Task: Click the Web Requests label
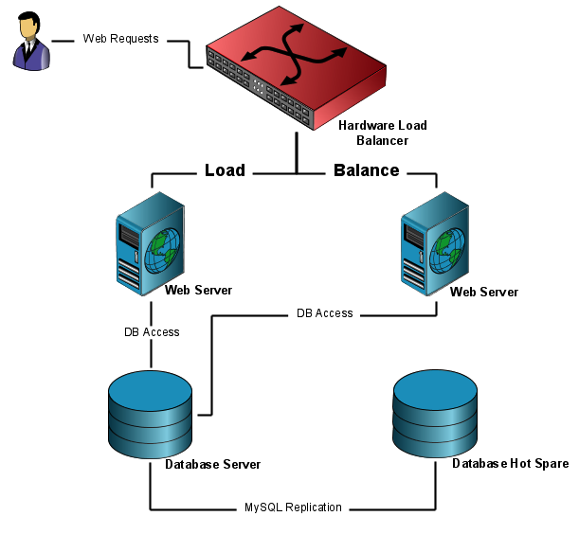[x=120, y=40]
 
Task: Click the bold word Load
[x=225, y=170]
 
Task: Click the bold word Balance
[x=366, y=170]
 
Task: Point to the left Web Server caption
[x=198, y=290]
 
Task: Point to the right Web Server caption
[x=484, y=292]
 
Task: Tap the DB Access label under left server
[x=152, y=332]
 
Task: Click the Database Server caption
[x=212, y=465]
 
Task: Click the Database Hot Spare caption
[x=510, y=464]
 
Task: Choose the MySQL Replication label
[x=294, y=507]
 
